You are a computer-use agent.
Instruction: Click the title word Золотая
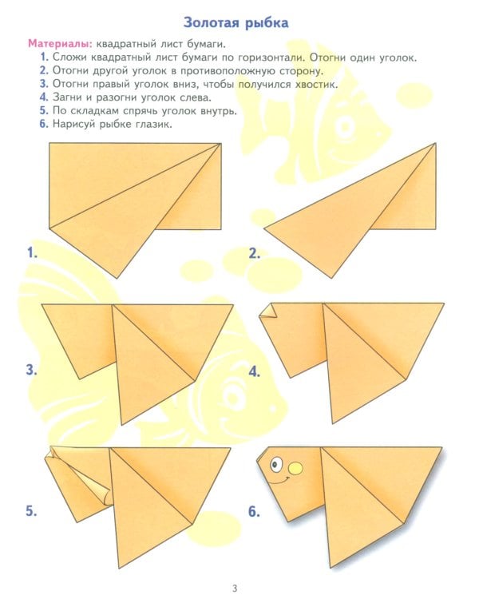tap(210, 22)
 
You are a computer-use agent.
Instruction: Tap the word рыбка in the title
tap(265, 23)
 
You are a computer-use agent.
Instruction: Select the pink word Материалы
tap(61, 44)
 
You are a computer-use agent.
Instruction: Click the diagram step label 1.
tap(32, 252)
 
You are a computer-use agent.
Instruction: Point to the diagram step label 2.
tap(255, 253)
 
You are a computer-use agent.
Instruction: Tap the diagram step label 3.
tap(31, 370)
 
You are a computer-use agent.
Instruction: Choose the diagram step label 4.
tap(255, 371)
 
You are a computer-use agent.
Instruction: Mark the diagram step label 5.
tap(31, 511)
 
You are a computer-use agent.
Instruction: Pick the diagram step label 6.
tap(255, 511)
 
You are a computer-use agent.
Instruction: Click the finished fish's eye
tap(275, 465)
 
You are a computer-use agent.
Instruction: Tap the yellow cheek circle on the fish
tap(295, 468)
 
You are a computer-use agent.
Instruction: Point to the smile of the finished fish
tap(280, 481)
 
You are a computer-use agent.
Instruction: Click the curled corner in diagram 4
tap(269, 311)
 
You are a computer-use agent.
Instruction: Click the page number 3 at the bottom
tap(235, 588)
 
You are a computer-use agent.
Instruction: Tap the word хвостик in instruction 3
tap(316, 84)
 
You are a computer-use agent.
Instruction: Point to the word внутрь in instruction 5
tap(216, 111)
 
